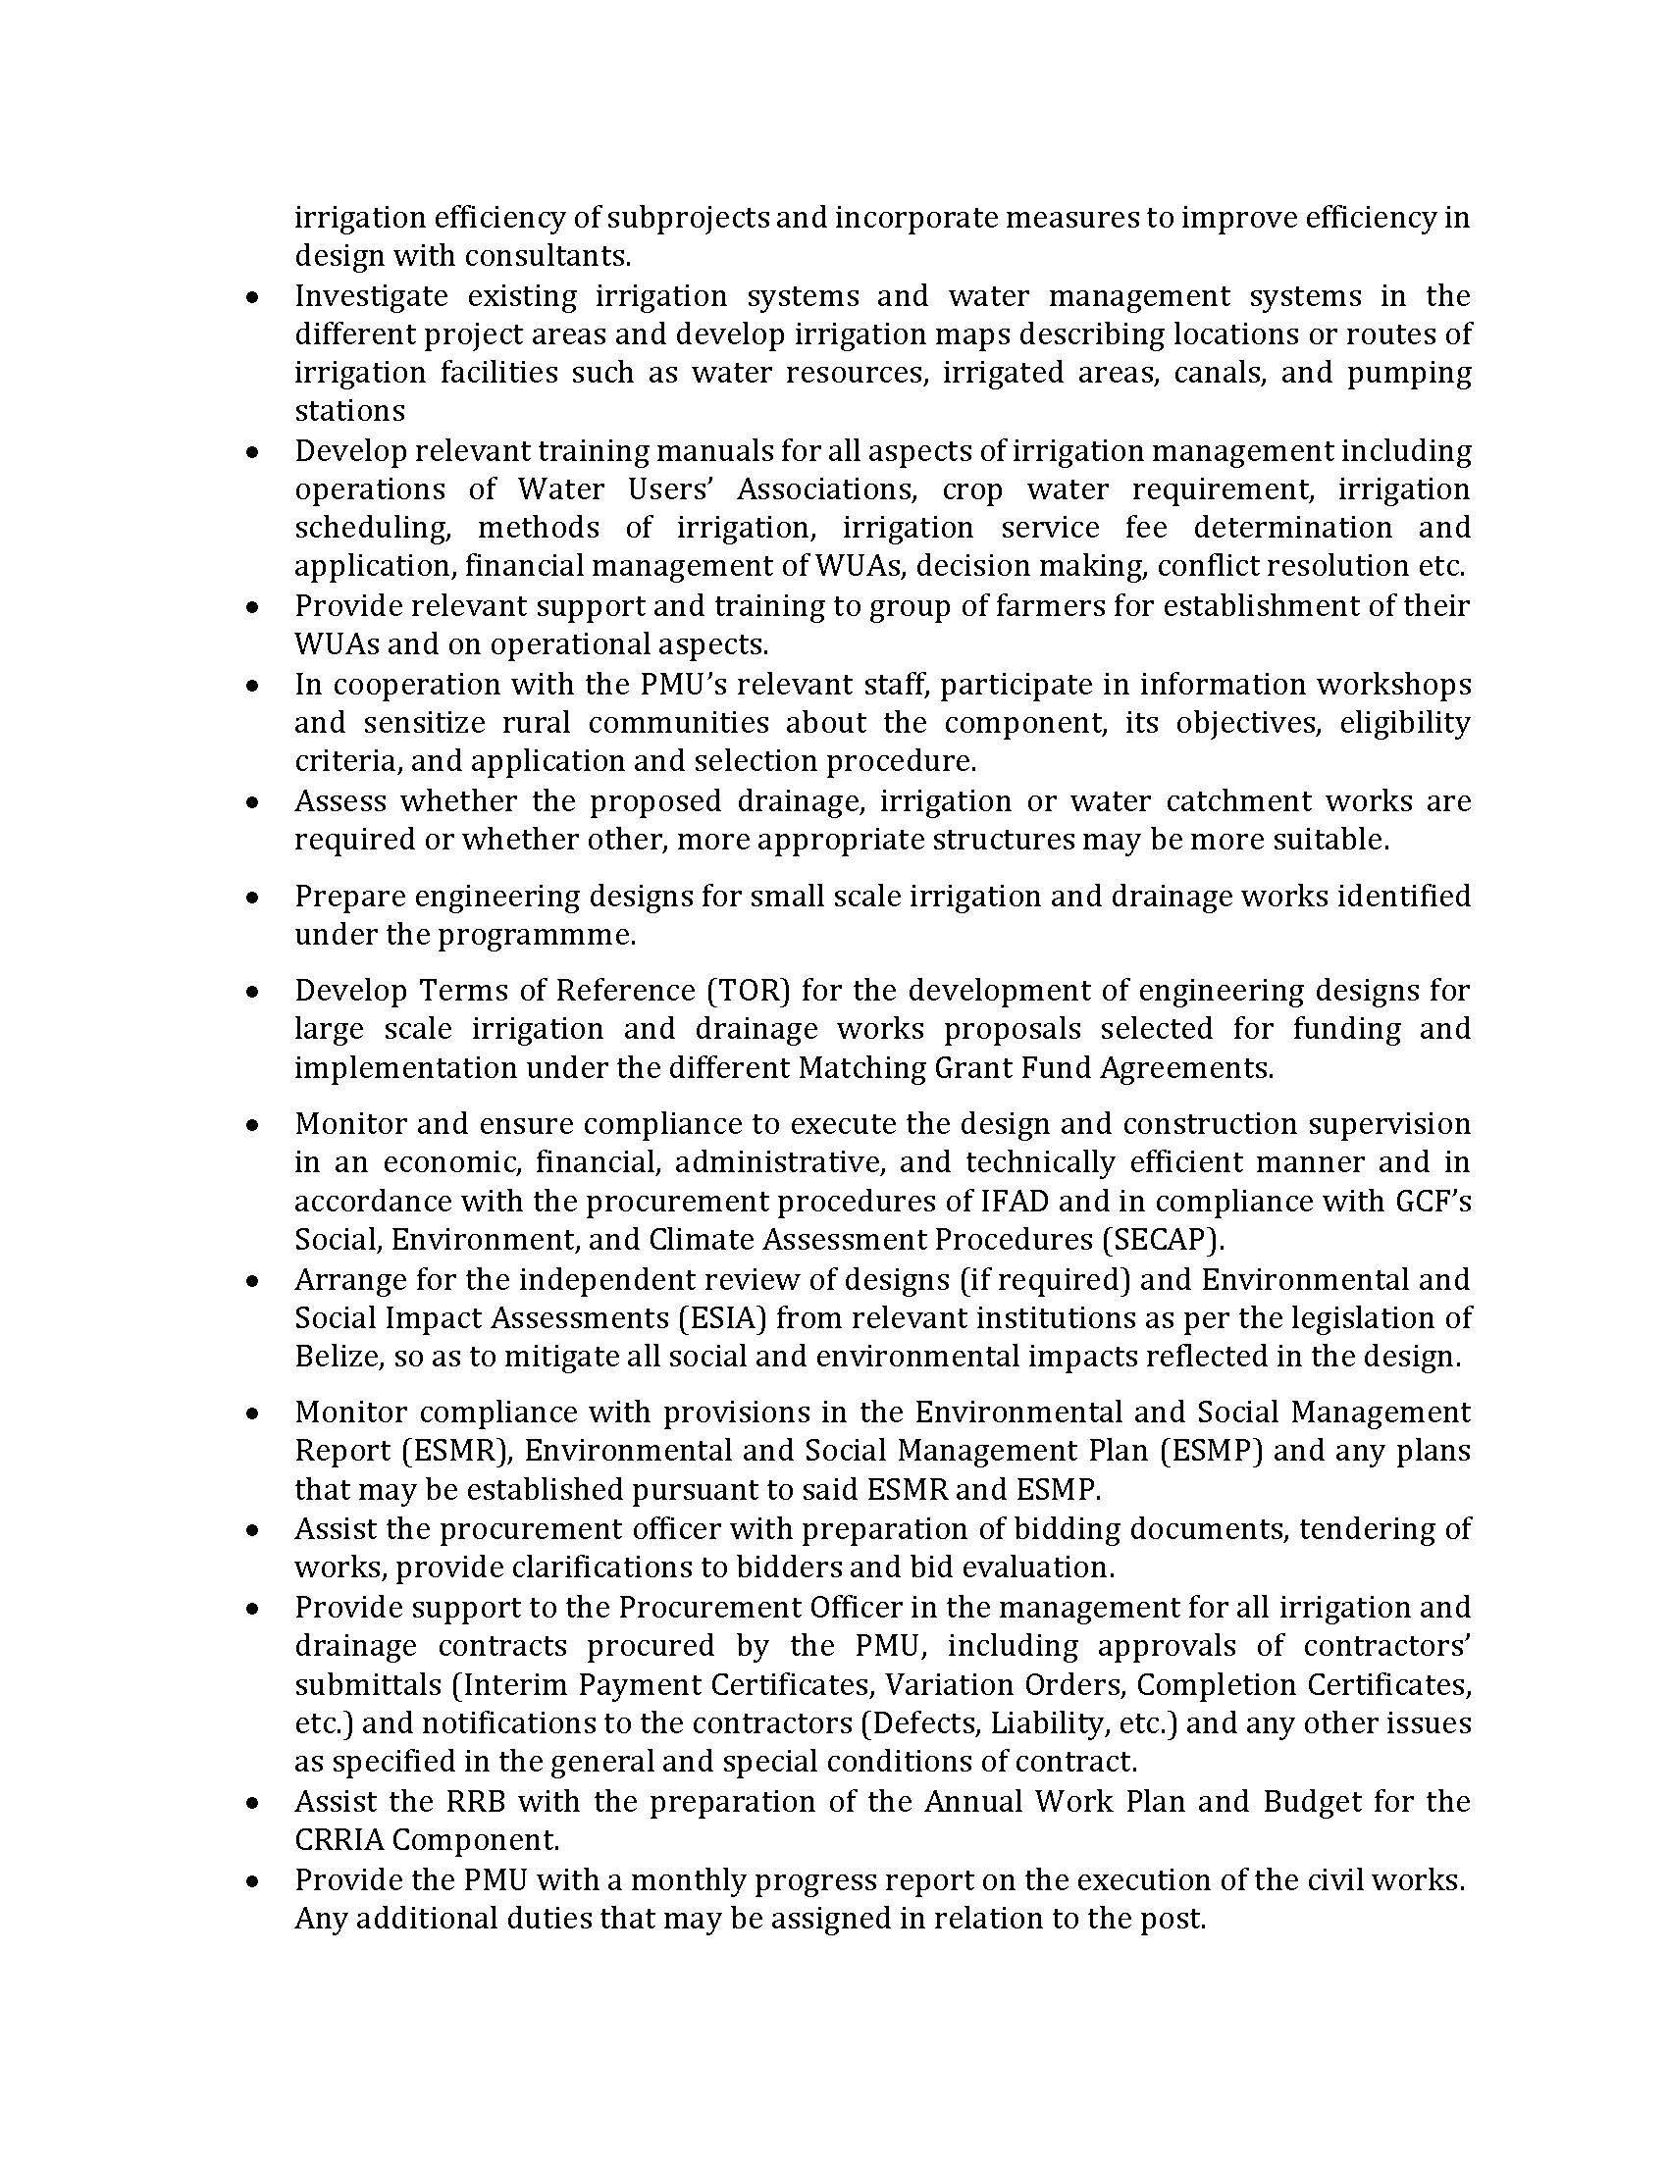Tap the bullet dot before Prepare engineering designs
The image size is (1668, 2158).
coord(254,898)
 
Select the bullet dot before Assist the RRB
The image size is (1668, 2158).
coord(254,1802)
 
